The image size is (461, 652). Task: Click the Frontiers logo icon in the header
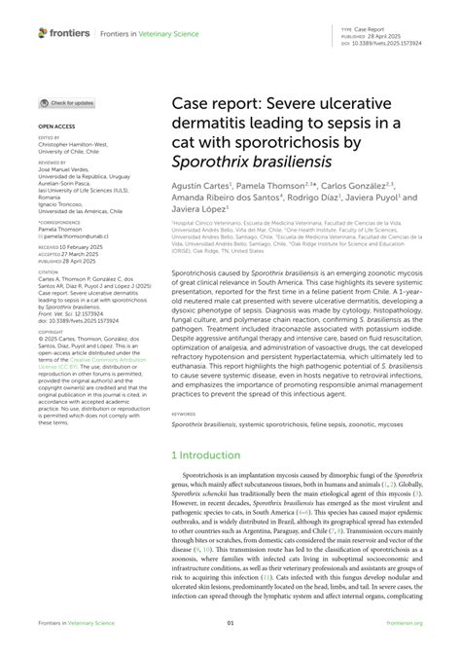tap(43, 32)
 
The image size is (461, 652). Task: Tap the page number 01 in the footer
tap(230, 623)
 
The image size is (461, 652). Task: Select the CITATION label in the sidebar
tap(48, 271)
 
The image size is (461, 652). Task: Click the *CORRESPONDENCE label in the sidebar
tap(58, 222)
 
